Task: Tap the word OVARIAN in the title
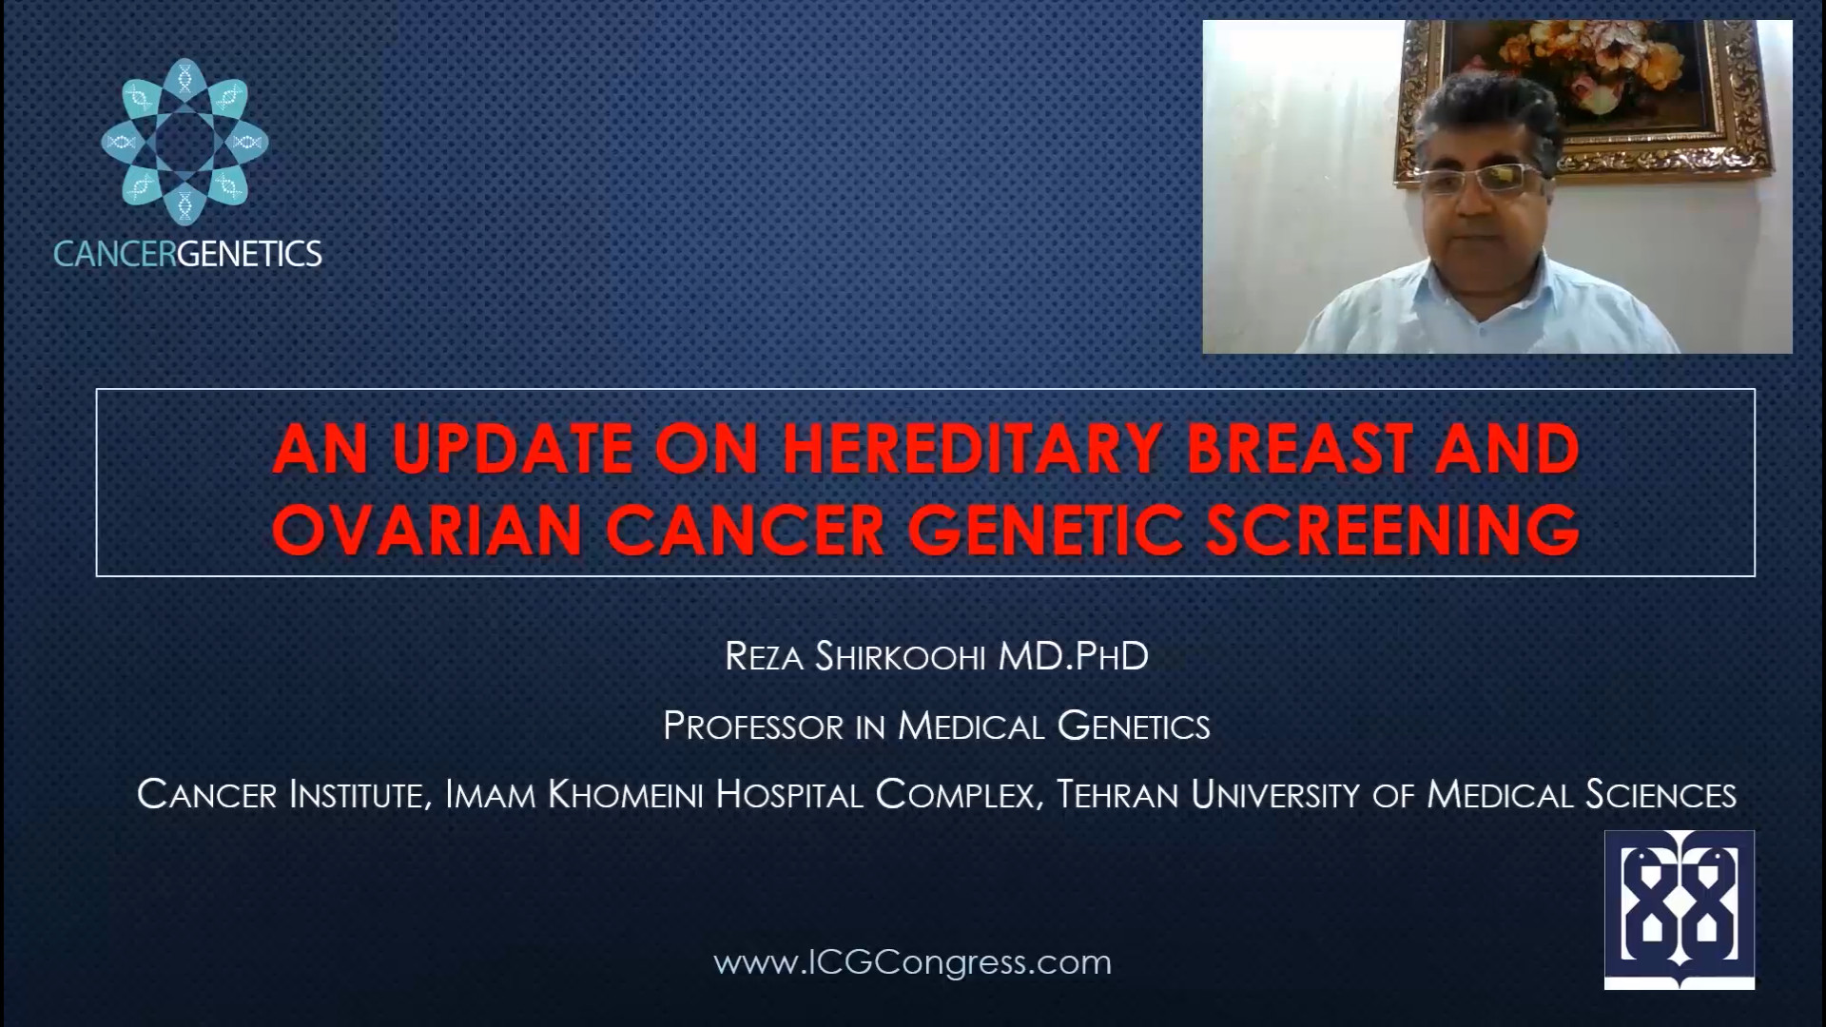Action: pyautogui.click(x=428, y=529)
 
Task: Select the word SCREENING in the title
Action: pyautogui.click(x=1392, y=529)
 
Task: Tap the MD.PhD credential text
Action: pyautogui.click(x=1074, y=656)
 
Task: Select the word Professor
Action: pyautogui.click(x=753, y=727)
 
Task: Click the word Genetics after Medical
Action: pyautogui.click(x=1134, y=727)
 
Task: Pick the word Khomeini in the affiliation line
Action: pyautogui.click(x=626, y=795)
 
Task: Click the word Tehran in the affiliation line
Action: pyautogui.click(x=1117, y=795)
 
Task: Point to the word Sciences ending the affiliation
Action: pyautogui.click(x=1661, y=795)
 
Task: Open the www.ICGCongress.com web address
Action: pyautogui.click(x=913, y=962)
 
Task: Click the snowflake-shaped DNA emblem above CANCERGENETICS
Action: pyautogui.click(x=185, y=142)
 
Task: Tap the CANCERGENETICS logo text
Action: pyautogui.click(x=187, y=254)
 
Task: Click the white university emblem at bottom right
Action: pyautogui.click(x=1680, y=910)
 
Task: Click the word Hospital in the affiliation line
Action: pyautogui.click(x=789, y=795)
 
